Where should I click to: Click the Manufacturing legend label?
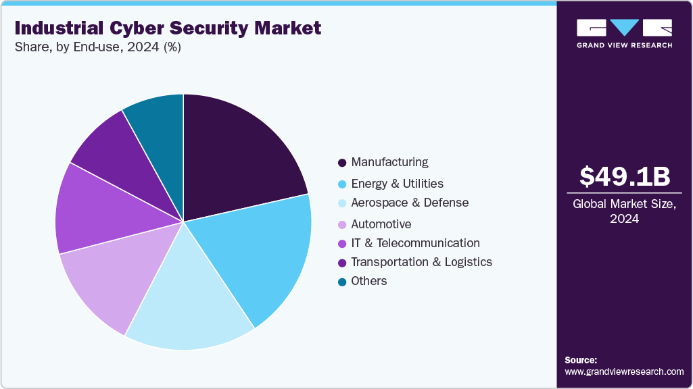[x=389, y=162]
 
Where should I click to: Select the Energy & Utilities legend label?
[x=397, y=183]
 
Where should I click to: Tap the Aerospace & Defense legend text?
[x=410, y=203]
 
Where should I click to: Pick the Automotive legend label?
[x=381, y=224]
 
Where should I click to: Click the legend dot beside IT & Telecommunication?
[x=342, y=244]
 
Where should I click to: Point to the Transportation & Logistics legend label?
[x=421, y=262]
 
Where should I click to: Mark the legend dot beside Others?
[x=342, y=282]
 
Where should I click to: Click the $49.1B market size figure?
[x=625, y=177]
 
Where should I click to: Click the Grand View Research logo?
[x=624, y=33]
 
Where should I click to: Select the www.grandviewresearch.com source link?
[x=624, y=371]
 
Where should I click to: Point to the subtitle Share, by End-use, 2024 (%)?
[x=97, y=48]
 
